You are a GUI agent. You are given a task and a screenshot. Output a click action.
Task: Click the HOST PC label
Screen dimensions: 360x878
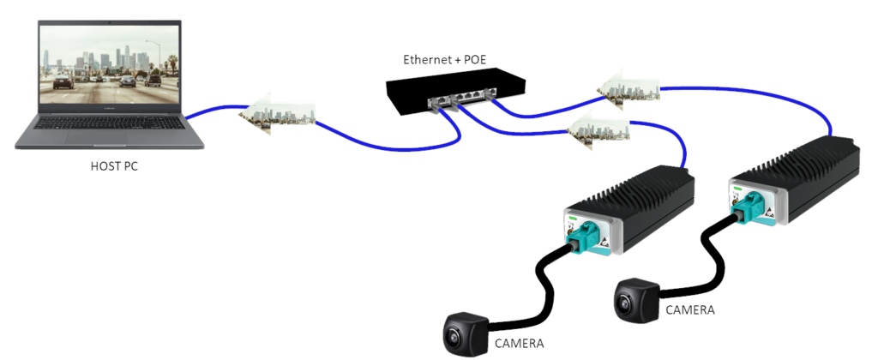click(x=114, y=166)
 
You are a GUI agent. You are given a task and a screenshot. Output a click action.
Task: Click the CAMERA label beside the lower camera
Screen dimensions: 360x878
click(x=520, y=344)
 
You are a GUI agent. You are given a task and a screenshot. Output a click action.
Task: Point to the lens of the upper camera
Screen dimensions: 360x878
click(x=625, y=301)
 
